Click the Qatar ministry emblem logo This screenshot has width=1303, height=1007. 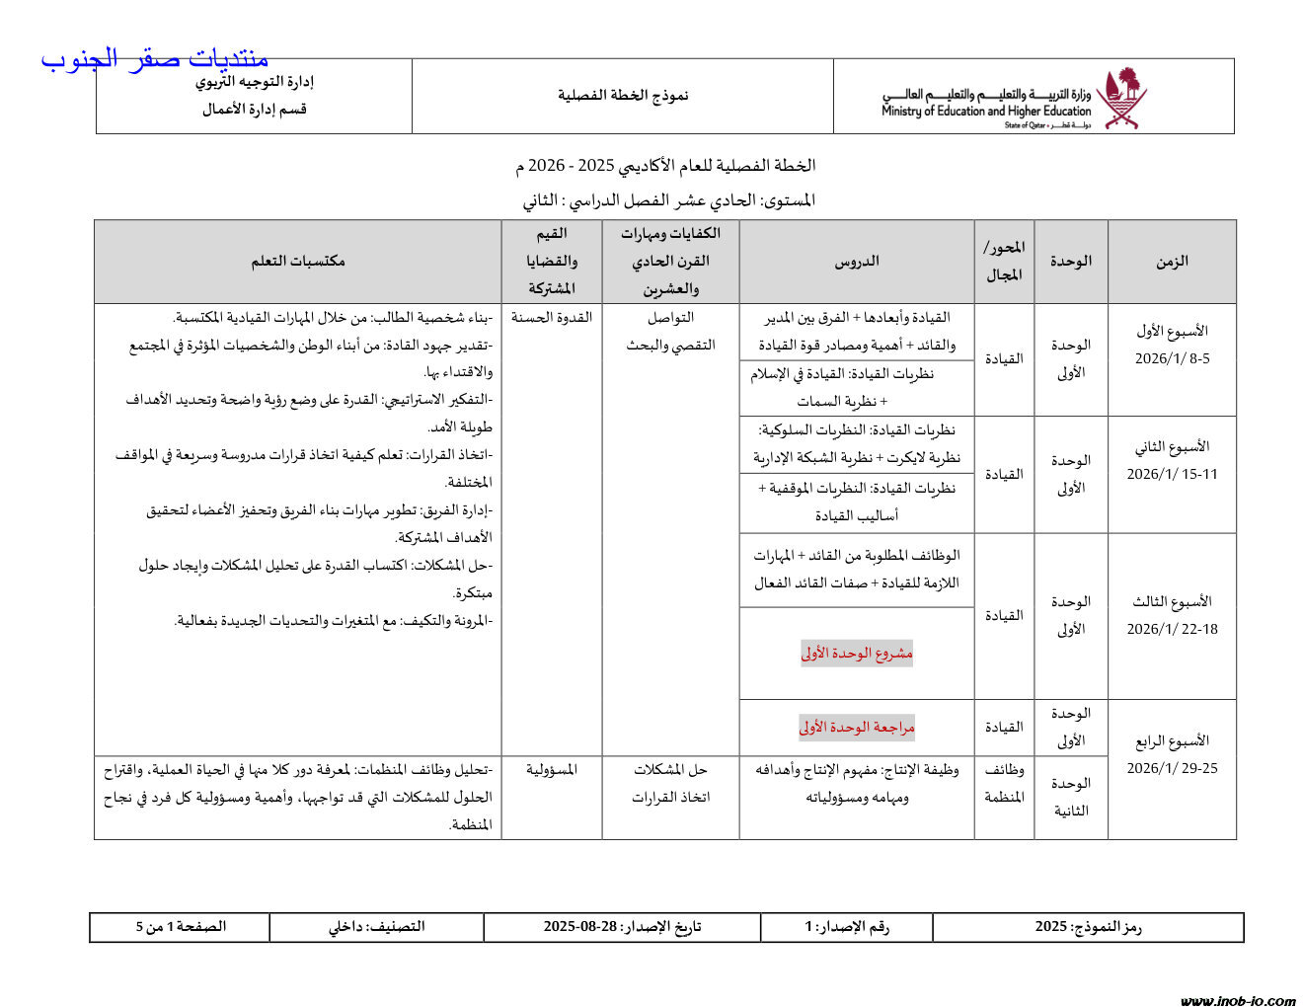[1121, 97]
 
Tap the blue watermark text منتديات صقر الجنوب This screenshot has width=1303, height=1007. [155, 59]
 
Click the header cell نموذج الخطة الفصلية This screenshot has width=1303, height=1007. [623, 96]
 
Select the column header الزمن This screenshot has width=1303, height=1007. [1172, 262]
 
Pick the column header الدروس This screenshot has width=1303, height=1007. [857, 262]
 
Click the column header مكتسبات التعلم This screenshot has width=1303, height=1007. [297, 262]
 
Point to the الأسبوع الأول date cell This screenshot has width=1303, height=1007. [1172, 345]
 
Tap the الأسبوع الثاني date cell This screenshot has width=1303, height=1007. [1172, 460]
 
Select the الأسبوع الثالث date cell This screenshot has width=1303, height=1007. [1172, 615]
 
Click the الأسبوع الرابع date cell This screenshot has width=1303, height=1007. [1172, 754]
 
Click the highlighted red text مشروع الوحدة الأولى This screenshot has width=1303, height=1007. [857, 653]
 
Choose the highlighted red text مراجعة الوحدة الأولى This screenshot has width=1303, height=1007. [857, 728]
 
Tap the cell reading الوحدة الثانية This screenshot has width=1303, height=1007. [1071, 797]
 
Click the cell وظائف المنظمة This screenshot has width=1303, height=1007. [1004, 783]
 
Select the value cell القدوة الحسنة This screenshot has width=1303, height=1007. [552, 318]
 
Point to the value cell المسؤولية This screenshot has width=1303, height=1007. [552, 769]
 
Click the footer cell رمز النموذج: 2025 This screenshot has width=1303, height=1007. [1088, 927]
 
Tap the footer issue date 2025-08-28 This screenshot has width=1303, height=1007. [622, 927]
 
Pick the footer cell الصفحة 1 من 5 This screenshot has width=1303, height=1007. [181, 927]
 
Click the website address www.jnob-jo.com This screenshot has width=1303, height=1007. [1238, 1000]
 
